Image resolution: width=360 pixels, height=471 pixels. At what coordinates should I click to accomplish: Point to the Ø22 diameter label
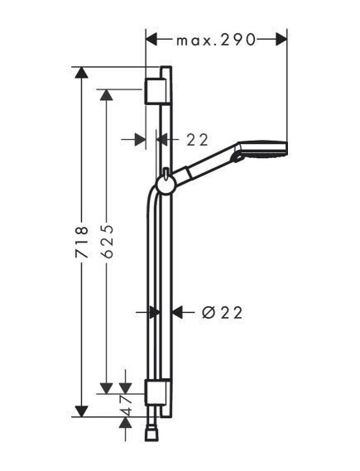(x=221, y=312)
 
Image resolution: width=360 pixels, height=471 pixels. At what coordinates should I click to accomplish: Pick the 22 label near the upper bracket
(x=197, y=140)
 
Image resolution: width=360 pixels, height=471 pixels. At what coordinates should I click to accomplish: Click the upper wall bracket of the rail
(x=155, y=91)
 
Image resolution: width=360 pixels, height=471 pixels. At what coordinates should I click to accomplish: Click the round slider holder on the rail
(x=166, y=184)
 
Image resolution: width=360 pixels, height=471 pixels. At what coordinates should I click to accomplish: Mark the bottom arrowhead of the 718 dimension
(x=81, y=410)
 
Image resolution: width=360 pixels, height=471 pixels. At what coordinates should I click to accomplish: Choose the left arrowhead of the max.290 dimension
(x=152, y=39)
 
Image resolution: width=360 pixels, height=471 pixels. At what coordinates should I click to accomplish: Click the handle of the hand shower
(x=205, y=168)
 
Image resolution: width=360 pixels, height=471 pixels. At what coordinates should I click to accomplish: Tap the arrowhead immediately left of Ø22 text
(x=178, y=312)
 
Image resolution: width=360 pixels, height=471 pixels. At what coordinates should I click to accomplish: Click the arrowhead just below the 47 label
(x=125, y=423)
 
